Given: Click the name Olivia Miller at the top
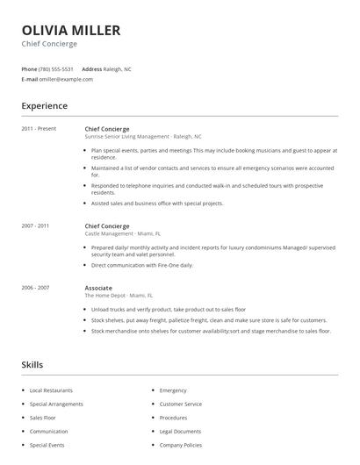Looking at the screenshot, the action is coord(71,31).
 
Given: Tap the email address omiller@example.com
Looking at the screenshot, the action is coord(66,79).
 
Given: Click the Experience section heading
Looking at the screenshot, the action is coord(44,106).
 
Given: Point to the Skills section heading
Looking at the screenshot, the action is coord(32,364).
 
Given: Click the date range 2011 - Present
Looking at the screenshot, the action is coord(39,129).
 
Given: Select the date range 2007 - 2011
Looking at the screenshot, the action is coord(36,225).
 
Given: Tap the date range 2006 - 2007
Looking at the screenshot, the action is coord(36,288).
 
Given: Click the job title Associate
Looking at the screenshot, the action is coord(98,288).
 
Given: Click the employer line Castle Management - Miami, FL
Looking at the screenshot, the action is coord(123,233).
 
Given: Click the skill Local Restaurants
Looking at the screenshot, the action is coord(51,390).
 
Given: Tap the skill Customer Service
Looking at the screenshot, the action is coord(181,404).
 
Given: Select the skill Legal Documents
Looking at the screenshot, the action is coord(181,432).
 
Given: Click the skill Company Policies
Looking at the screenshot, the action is coord(182,446).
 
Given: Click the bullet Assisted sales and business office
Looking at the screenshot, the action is coord(157,203).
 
